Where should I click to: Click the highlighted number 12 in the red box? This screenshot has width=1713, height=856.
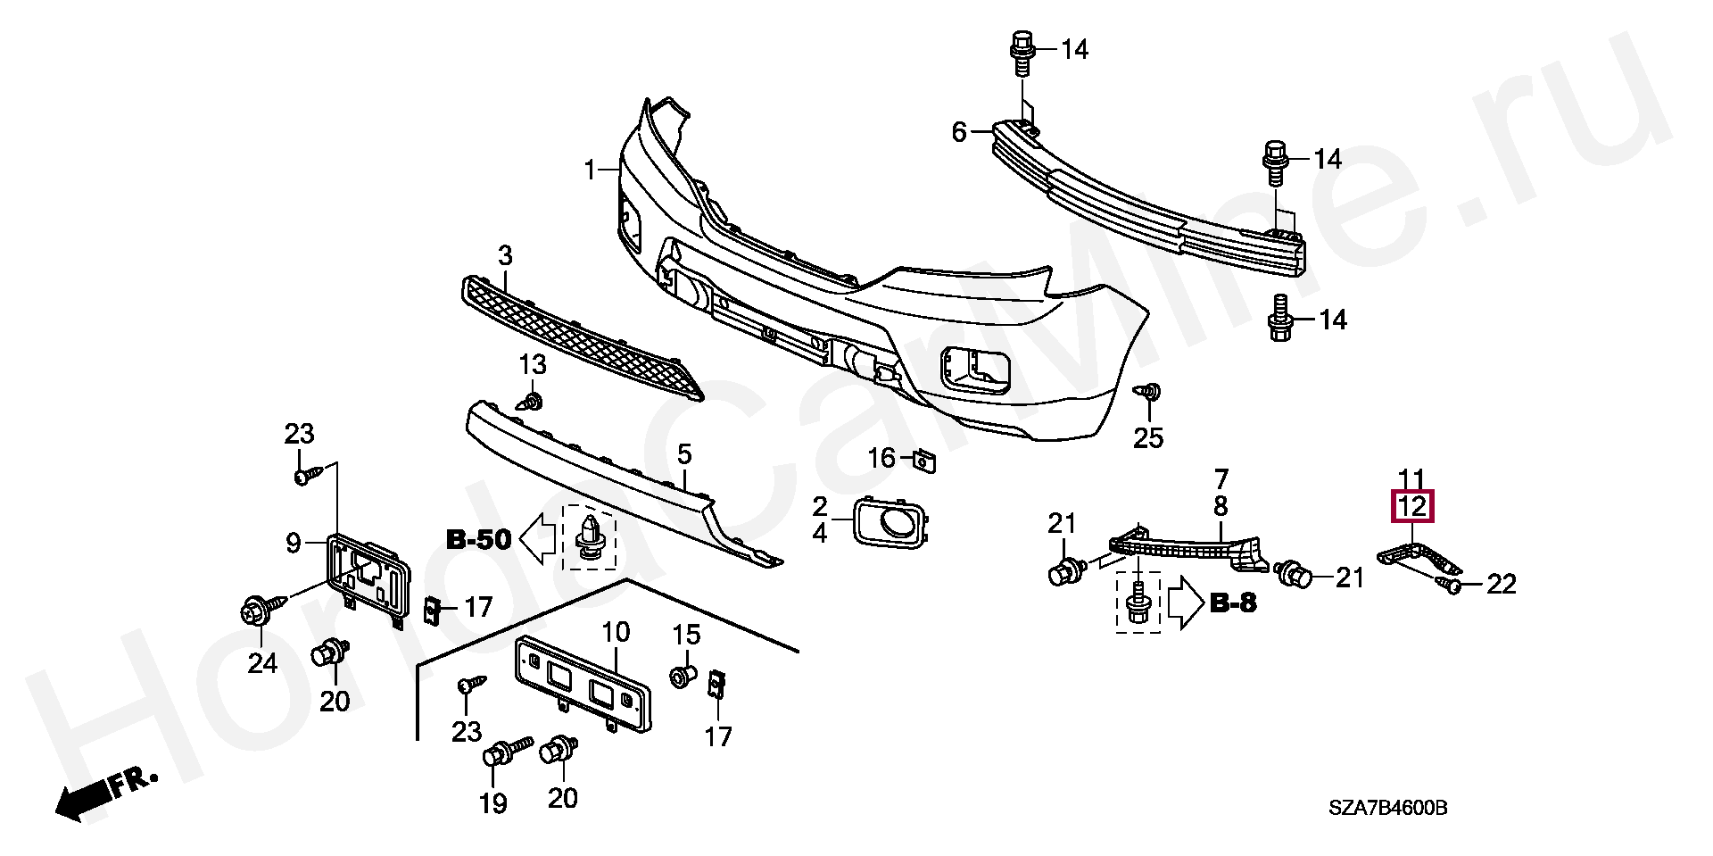pyautogui.click(x=1413, y=507)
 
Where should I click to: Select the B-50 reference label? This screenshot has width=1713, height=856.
pyautogui.click(x=478, y=539)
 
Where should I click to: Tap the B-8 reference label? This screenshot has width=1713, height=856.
pyautogui.click(x=1233, y=603)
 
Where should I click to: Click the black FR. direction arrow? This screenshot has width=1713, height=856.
pyautogui.click(x=89, y=797)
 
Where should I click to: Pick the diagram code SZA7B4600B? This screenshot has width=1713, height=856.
pyautogui.click(x=1387, y=809)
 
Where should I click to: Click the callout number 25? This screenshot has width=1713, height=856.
pyautogui.click(x=1148, y=437)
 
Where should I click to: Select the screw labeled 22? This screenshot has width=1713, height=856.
pyautogui.click(x=1450, y=586)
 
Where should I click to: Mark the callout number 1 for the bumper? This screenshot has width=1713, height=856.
pyautogui.click(x=589, y=169)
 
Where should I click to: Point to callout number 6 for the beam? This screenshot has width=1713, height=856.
pyautogui.click(x=959, y=133)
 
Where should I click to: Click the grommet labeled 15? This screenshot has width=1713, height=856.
pyautogui.click(x=683, y=676)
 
